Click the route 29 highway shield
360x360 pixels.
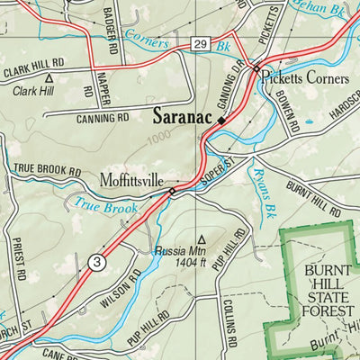pos(199,44)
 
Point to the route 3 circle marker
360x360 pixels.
pos(98,262)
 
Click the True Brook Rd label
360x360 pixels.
pos(47,169)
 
